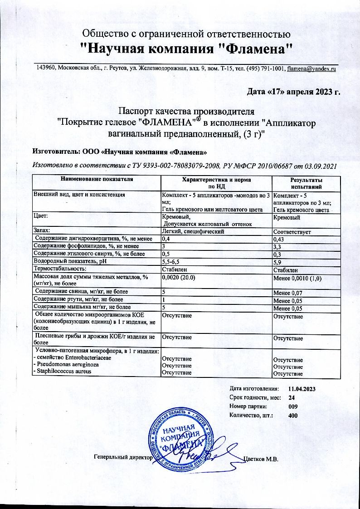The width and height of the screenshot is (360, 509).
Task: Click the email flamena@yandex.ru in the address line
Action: (x=311, y=68)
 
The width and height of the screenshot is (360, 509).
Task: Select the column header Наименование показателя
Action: (x=97, y=180)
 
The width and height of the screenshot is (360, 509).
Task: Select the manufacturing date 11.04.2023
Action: (x=302, y=389)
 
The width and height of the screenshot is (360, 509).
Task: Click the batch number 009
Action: (x=293, y=406)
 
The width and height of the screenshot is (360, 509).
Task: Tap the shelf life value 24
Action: (x=292, y=397)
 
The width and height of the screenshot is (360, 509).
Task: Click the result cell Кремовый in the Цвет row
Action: (x=286, y=218)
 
